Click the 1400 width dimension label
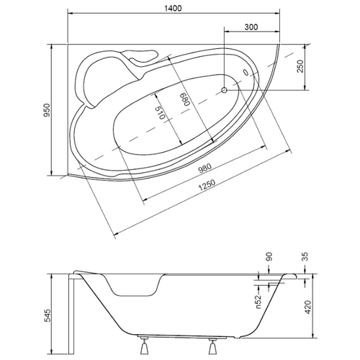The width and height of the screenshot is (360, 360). [173, 8]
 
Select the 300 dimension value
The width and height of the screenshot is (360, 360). [251, 27]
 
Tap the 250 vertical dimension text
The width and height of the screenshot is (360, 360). [300, 66]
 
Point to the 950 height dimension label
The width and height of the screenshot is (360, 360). [47, 110]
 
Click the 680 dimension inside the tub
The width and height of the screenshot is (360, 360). [185, 99]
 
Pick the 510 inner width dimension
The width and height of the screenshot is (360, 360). [160, 112]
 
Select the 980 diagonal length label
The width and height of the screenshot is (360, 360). [204, 168]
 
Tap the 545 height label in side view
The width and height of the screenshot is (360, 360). [48, 315]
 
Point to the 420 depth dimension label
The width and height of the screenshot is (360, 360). [307, 307]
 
